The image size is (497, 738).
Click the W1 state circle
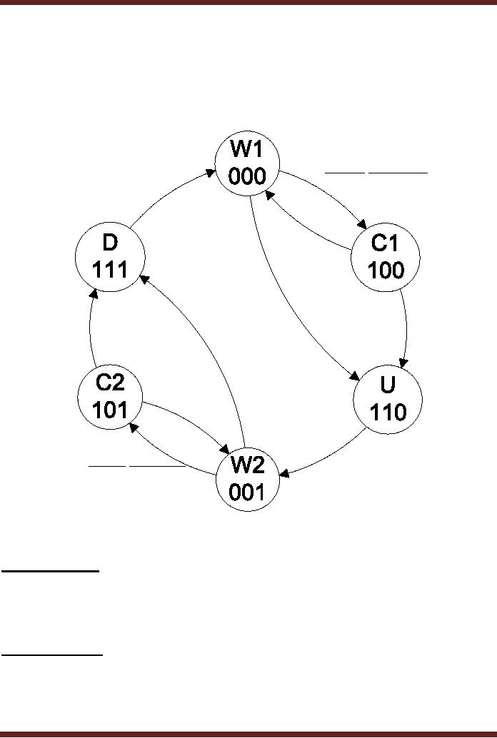tap(247, 165)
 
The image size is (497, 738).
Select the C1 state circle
tap(387, 258)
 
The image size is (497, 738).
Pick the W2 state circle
tap(247, 479)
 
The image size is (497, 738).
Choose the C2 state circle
tap(109, 396)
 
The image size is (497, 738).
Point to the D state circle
tap(110, 257)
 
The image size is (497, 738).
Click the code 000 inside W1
tap(247, 177)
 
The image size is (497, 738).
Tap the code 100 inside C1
tap(387, 271)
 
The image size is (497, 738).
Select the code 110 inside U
tap(388, 412)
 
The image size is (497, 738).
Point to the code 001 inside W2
tap(247, 492)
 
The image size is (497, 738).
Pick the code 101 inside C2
tap(109, 410)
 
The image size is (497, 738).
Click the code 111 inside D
tap(110, 270)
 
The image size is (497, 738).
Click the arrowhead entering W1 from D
tap(211, 171)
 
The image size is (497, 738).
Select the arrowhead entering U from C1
tap(405, 362)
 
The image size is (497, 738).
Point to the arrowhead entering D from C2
tap(93, 294)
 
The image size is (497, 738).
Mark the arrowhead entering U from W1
tap(354, 379)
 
